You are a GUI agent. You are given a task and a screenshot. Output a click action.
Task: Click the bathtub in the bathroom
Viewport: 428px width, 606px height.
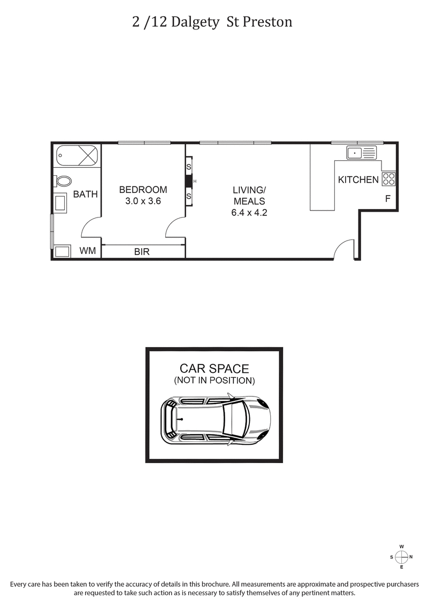pos(78,156)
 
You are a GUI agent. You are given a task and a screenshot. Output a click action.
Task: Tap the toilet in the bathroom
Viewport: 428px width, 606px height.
pos(63,181)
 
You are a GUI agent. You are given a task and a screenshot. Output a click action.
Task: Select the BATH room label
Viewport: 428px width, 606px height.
pos(86,194)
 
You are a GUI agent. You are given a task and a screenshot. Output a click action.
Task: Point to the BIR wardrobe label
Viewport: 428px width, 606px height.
pos(142,251)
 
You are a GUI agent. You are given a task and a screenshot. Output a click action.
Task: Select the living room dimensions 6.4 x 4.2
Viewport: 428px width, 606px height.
pos(249,213)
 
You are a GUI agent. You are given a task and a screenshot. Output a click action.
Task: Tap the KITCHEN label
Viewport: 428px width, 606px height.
pos(358,180)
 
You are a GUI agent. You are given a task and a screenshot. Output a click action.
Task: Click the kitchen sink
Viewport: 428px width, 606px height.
pos(362,153)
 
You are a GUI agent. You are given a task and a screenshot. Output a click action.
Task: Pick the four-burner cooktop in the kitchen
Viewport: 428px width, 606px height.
pos(389,179)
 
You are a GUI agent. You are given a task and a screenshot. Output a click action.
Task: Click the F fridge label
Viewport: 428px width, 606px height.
pos(387,199)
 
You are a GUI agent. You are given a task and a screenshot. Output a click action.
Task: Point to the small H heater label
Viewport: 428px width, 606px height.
pos(195,182)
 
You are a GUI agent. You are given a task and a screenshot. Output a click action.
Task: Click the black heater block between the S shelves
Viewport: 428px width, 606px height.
pos(188,182)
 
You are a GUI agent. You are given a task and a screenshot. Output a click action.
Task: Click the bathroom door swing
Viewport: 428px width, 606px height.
pos(91,227)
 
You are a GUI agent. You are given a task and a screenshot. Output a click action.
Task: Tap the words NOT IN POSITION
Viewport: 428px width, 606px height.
pos(214,380)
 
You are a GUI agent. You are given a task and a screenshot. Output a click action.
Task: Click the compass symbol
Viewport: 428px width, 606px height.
pos(401,557)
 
